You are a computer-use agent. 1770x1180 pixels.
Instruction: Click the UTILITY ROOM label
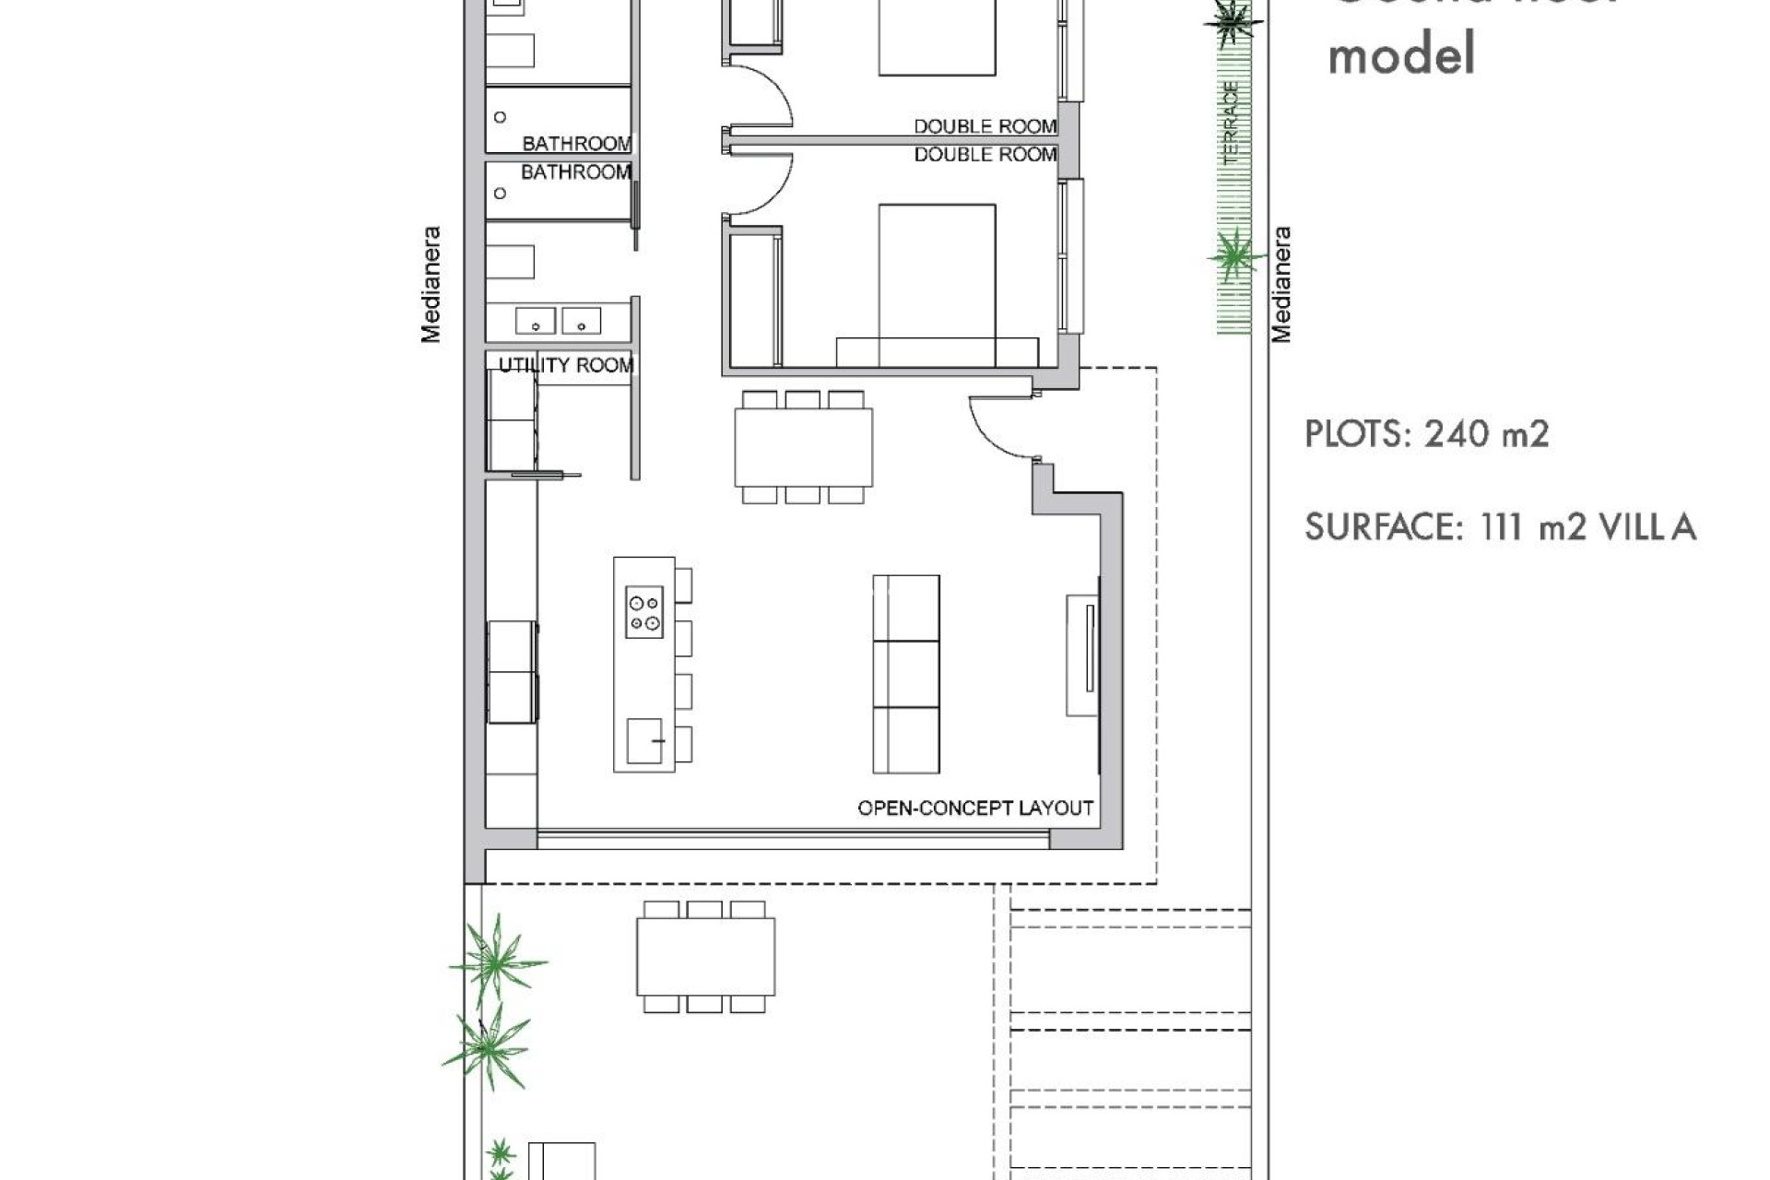tap(566, 366)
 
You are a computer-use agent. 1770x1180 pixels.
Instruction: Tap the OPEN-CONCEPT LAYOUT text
tap(975, 808)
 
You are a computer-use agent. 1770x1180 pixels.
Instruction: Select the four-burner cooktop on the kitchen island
tap(644, 612)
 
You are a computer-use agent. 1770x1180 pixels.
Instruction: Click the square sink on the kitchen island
tap(644, 741)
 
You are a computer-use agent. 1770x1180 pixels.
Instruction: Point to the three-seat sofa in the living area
tap(906, 674)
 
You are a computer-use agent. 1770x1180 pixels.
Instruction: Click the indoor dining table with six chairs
tap(803, 447)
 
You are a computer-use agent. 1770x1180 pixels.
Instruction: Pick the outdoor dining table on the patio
tap(705, 957)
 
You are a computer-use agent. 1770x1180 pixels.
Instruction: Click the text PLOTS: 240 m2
tap(1426, 433)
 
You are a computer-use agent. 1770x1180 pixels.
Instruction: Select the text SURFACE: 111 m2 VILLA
tap(1500, 527)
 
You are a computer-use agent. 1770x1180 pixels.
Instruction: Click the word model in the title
tap(1401, 53)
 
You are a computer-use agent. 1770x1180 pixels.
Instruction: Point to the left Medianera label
tap(431, 285)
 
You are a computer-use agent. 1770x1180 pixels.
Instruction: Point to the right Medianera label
tap(1281, 285)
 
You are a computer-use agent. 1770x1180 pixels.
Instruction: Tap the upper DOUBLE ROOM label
tap(985, 126)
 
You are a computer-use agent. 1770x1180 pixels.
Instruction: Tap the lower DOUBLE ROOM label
tap(985, 155)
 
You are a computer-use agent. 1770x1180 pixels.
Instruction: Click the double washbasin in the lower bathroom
tap(558, 321)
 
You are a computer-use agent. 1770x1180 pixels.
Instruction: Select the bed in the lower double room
tap(937, 285)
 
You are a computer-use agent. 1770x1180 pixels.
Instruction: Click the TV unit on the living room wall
tap(1083, 655)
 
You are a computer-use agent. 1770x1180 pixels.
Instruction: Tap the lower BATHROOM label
tap(576, 172)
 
